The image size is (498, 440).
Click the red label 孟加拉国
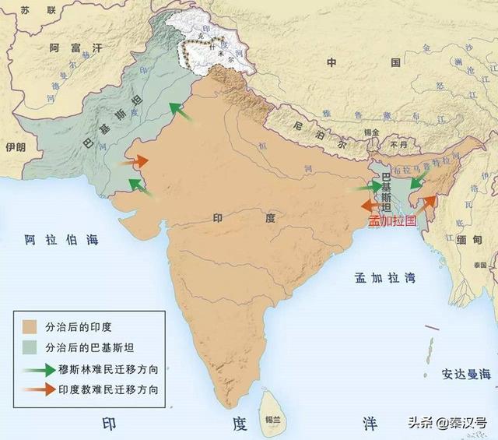[393, 221]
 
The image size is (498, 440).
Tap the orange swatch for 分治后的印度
[30, 326]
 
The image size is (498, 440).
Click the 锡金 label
[370, 133]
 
